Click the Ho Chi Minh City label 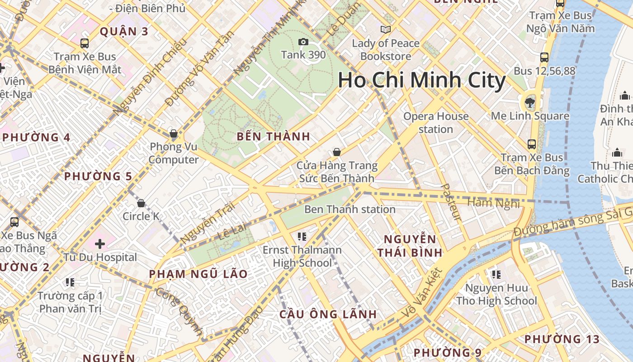pyautogui.click(x=421, y=81)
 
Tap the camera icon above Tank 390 pyautogui.click(x=303, y=42)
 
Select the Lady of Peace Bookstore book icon pyautogui.click(x=385, y=30)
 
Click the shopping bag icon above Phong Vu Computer pyautogui.click(x=173, y=133)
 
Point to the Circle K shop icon pyautogui.click(x=141, y=203)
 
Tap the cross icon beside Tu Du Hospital pyautogui.click(x=100, y=244)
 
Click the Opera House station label pyautogui.click(x=435, y=123)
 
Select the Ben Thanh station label pyautogui.click(x=350, y=210)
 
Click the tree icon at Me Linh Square pyautogui.click(x=529, y=103)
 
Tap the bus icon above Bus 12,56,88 pyautogui.click(x=544, y=57)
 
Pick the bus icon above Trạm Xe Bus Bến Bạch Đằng pyautogui.click(x=532, y=144)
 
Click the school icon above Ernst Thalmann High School pyautogui.click(x=302, y=236)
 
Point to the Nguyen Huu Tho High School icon pyautogui.click(x=496, y=274)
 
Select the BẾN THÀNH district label pyautogui.click(x=274, y=136)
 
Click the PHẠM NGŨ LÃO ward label pyautogui.click(x=198, y=274)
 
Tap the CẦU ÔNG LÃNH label pyautogui.click(x=328, y=314)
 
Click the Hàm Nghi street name pyautogui.click(x=493, y=203)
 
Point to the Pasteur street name pyautogui.click(x=451, y=202)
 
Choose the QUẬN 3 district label pyautogui.click(x=124, y=32)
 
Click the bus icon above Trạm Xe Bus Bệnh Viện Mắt pyautogui.click(x=85, y=43)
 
